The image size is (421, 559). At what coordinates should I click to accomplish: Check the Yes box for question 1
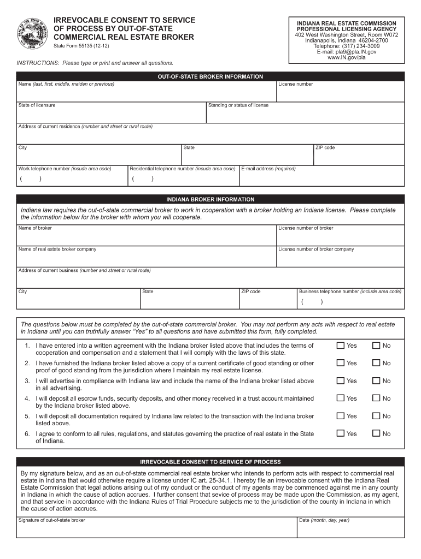tap(341, 346)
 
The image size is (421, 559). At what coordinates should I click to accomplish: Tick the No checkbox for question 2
tap(376, 363)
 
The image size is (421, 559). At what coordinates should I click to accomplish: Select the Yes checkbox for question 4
tap(341, 399)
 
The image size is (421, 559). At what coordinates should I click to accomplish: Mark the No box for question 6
tap(376, 433)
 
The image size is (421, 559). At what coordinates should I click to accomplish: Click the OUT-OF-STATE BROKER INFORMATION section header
tap(210, 76)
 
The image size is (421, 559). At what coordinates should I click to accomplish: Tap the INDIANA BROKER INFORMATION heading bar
tap(210, 199)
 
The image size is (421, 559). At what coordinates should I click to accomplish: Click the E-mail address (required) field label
tap(268, 169)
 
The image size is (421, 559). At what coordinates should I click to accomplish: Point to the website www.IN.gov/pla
tap(346, 58)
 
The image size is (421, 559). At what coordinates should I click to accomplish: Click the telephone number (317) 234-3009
tap(346, 46)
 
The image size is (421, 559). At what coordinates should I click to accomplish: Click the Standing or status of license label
tap(238, 105)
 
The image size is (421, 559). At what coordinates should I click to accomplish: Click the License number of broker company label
tap(316, 249)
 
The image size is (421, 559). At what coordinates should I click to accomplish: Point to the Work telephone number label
tap(65, 169)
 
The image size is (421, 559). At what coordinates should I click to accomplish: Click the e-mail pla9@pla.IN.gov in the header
tap(346, 52)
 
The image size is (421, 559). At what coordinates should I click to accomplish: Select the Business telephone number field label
tap(350, 292)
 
